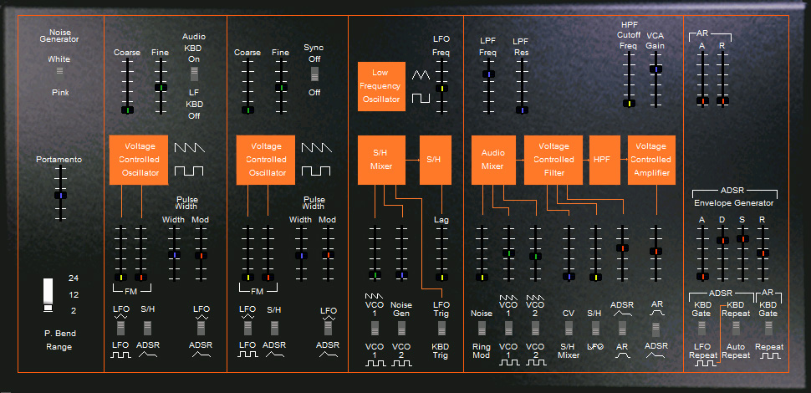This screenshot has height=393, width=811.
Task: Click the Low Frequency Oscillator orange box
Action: coord(380,86)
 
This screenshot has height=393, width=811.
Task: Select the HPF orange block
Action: coord(604,160)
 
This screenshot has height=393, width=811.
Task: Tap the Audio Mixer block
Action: coord(493,160)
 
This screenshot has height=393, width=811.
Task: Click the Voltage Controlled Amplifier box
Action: coord(651,160)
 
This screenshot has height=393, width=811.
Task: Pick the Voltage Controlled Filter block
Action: coord(553,160)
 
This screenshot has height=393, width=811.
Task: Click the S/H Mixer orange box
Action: coord(381,160)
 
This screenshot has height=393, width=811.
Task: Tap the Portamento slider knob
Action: coord(61,196)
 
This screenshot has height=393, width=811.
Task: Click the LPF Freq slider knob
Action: coord(488,74)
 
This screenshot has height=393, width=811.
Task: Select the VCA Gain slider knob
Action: coord(655,69)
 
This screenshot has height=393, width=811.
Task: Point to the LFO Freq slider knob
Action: coord(441,89)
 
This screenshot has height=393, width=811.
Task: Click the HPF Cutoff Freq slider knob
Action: coord(629,104)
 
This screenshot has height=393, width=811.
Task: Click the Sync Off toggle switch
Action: coord(314,74)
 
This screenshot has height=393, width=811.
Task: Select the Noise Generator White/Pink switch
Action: coord(59,71)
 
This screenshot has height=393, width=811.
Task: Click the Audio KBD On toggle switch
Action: coord(194,74)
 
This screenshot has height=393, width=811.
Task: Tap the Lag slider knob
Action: coord(441,277)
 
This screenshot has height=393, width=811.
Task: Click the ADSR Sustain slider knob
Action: coord(742,239)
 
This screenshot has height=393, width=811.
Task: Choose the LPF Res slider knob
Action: coord(522,110)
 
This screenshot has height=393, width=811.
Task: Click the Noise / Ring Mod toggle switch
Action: coord(482,329)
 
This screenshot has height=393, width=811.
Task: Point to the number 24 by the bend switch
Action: coord(74,278)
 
